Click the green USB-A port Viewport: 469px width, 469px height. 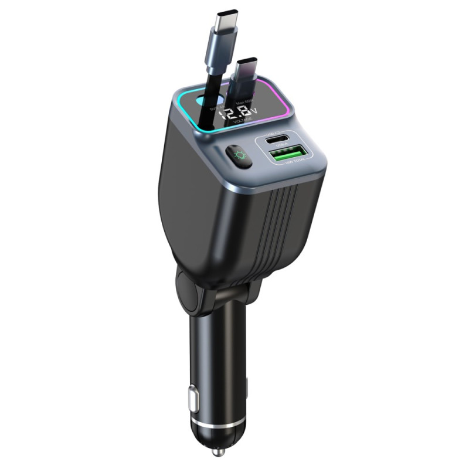[x=287, y=154]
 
